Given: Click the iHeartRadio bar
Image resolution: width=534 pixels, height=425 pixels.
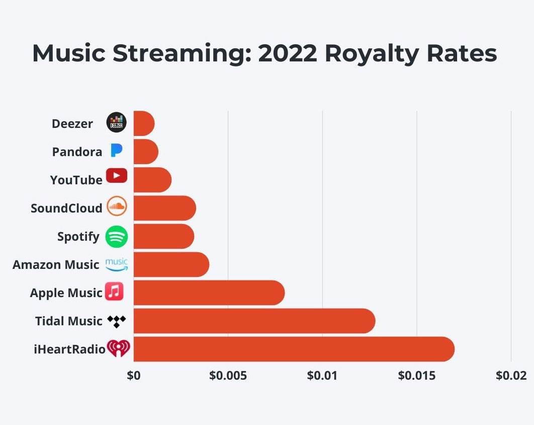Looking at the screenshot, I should (x=294, y=349).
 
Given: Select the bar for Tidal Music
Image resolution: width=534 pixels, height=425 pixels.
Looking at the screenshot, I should (x=254, y=321).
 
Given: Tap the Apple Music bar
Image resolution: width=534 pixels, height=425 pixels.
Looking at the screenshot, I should (x=209, y=293).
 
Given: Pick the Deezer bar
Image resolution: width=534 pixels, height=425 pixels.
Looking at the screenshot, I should (x=144, y=123).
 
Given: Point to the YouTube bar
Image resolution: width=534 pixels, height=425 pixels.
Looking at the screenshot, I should (x=152, y=180).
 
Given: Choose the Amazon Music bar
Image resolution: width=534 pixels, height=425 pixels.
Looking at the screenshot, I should (x=171, y=264).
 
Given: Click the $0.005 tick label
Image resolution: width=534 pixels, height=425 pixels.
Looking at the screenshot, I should (x=228, y=376).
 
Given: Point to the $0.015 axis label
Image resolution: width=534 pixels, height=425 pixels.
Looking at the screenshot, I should (x=417, y=376).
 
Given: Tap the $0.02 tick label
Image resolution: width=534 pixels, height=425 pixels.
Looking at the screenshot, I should (x=511, y=376).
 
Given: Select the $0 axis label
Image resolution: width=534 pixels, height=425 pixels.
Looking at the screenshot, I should (x=134, y=376).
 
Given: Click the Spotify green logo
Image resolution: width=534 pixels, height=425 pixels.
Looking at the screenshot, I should (x=117, y=236).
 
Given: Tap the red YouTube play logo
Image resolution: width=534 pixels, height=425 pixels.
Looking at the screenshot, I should (x=117, y=176).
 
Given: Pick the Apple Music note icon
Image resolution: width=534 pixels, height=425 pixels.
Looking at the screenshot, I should (x=114, y=292).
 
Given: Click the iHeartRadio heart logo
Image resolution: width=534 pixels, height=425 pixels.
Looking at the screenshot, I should (x=119, y=348).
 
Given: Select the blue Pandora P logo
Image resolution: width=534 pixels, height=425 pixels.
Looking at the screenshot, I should (x=116, y=150).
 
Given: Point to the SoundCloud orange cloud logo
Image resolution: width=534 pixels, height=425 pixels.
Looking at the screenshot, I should (x=117, y=206).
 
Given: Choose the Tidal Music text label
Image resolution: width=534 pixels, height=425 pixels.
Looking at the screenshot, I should (x=68, y=321).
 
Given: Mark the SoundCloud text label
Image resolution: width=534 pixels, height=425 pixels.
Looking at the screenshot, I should (x=66, y=208).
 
